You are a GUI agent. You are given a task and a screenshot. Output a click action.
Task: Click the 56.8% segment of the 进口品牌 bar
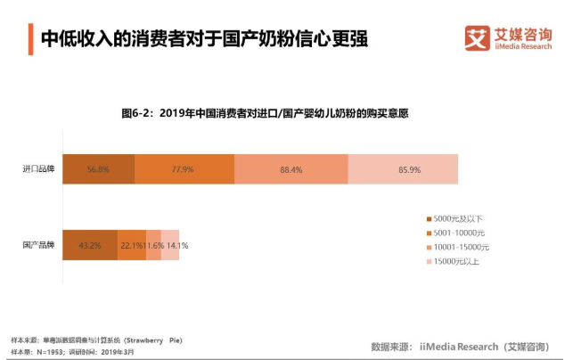point(98,169)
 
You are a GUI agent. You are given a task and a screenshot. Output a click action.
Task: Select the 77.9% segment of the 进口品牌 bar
point(184,169)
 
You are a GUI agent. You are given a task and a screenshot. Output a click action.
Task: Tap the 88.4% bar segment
point(291,169)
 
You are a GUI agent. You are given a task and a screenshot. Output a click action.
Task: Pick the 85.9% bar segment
point(403,169)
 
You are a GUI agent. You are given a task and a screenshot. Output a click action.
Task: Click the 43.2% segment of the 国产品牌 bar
point(89,245)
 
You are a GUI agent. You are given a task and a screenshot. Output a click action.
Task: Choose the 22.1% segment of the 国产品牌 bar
point(132,245)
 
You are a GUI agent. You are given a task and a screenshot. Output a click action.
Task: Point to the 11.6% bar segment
point(153,245)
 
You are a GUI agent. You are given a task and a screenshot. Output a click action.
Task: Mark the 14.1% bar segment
point(170,245)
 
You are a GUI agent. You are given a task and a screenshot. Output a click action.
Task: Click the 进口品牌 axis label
point(38,169)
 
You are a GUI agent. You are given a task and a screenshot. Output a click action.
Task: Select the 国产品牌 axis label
point(38,245)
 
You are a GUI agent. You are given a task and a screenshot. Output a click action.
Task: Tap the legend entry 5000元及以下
point(456,218)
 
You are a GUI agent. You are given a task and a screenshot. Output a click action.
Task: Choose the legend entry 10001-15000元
point(460,247)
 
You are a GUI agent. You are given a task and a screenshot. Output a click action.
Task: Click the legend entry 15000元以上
point(456,261)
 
